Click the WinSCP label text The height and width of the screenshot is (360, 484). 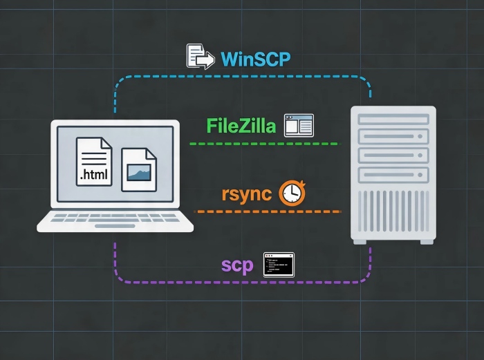[255, 59]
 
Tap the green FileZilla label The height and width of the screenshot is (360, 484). [241, 126]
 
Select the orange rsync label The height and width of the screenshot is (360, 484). [246, 193]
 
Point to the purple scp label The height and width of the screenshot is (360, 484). [237, 265]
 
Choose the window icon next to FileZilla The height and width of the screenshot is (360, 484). [299, 125]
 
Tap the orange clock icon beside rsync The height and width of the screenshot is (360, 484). [291, 193]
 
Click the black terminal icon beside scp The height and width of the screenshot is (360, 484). [279, 265]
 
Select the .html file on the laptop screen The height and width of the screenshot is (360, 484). [93, 162]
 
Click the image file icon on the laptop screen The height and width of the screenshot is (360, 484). [139, 169]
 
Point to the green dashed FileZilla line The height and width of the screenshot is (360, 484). [263, 144]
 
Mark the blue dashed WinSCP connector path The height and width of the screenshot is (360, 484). [242, 77]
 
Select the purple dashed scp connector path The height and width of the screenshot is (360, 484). [242, 282]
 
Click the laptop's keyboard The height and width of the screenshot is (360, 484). [115, 217]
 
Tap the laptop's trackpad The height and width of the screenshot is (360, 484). [115, 226]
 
